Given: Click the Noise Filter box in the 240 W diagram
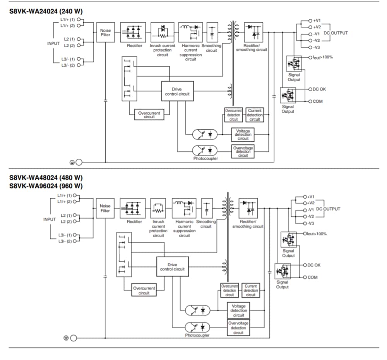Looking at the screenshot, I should (105, 33).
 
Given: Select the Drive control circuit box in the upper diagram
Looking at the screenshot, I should (178, 91).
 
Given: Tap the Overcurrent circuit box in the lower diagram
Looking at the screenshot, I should (144, 290).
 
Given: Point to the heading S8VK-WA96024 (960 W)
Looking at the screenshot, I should (46, 186).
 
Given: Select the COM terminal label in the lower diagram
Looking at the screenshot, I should (313, 277).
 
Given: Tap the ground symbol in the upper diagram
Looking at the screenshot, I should (77, 162).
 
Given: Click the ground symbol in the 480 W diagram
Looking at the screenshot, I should (71, 338).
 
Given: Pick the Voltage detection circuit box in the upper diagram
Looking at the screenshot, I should (243, 135).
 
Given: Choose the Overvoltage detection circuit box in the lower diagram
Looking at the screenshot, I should (238, 327).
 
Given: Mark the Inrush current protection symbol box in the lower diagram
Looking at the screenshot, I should (158, 209).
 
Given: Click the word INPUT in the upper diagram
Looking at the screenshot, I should (53, 43).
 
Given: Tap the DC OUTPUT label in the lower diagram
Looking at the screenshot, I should (328, 209).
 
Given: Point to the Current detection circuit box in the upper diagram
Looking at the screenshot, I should (255, 115).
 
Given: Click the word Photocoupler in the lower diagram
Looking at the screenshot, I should (197, 335).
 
